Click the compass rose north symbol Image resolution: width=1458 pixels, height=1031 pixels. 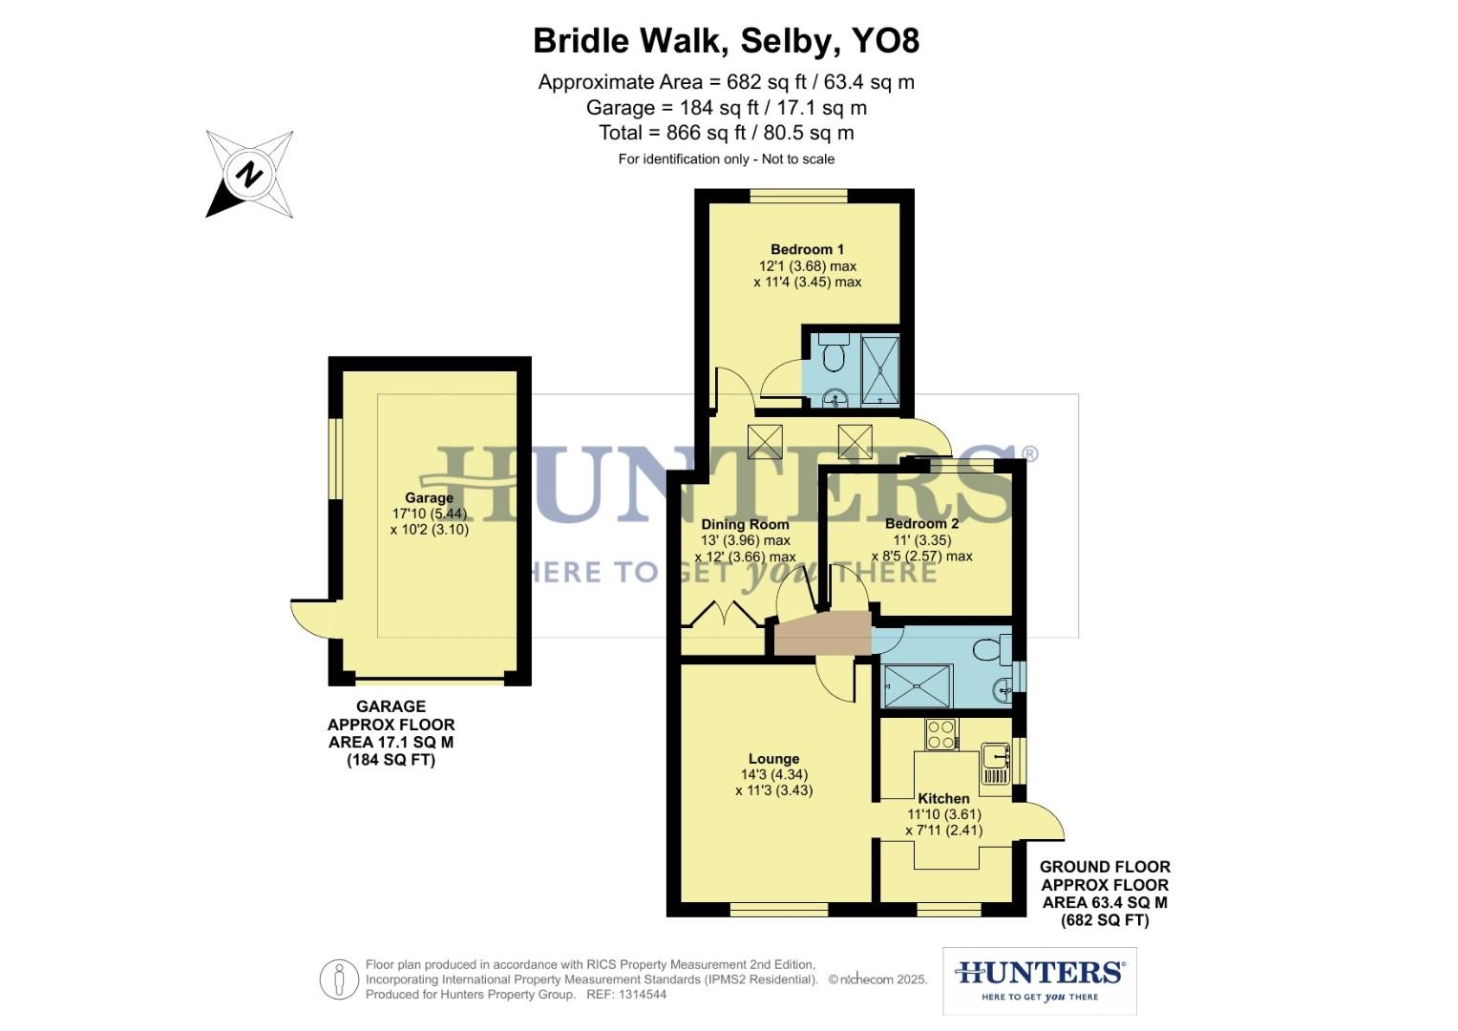pos(249,175)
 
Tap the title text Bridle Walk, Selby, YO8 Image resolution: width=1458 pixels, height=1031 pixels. pos(726,41)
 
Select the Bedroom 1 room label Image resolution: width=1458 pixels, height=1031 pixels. pos(807,250)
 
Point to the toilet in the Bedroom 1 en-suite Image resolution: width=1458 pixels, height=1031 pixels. pos(833,355)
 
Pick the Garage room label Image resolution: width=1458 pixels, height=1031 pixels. pos(429,497)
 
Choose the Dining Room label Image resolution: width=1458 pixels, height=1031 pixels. pos(745,524)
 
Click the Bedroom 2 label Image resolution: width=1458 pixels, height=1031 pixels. pos(921,524)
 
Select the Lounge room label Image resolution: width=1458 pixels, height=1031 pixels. pos(773,760)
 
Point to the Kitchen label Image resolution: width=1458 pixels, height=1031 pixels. pos(943,799)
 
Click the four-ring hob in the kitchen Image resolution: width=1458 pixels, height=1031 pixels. pos(941,734)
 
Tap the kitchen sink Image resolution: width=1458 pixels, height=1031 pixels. pos(996,759)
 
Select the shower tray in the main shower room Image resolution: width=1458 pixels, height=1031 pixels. pos(918,684)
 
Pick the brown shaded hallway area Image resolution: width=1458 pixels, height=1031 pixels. pos(822,636)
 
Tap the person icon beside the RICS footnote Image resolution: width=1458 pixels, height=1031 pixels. pos(339,979)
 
